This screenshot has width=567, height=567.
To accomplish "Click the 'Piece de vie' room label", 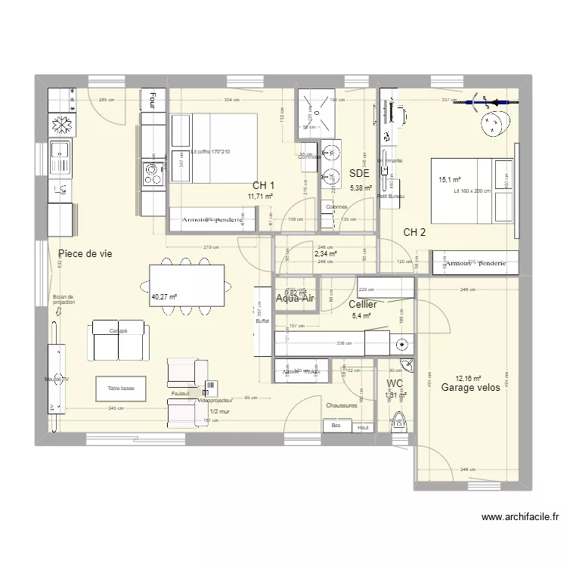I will click(x=85, y=254).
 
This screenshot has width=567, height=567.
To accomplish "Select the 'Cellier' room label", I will click(x=364, y=304).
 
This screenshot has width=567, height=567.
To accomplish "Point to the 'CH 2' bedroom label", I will click(x=414, y=232).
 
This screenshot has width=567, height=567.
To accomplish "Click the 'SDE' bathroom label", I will click(x=359, y=173).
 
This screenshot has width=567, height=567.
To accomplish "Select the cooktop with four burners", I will click(x=152, y=175).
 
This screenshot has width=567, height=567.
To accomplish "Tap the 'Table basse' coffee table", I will click(x=121, y=389).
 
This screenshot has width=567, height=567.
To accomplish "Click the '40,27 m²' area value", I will click(x=163, y=297).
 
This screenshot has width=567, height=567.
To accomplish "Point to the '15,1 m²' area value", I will click(x=450, y=180).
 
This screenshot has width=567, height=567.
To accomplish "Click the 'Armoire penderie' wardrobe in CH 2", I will click(x=476, y=263).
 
